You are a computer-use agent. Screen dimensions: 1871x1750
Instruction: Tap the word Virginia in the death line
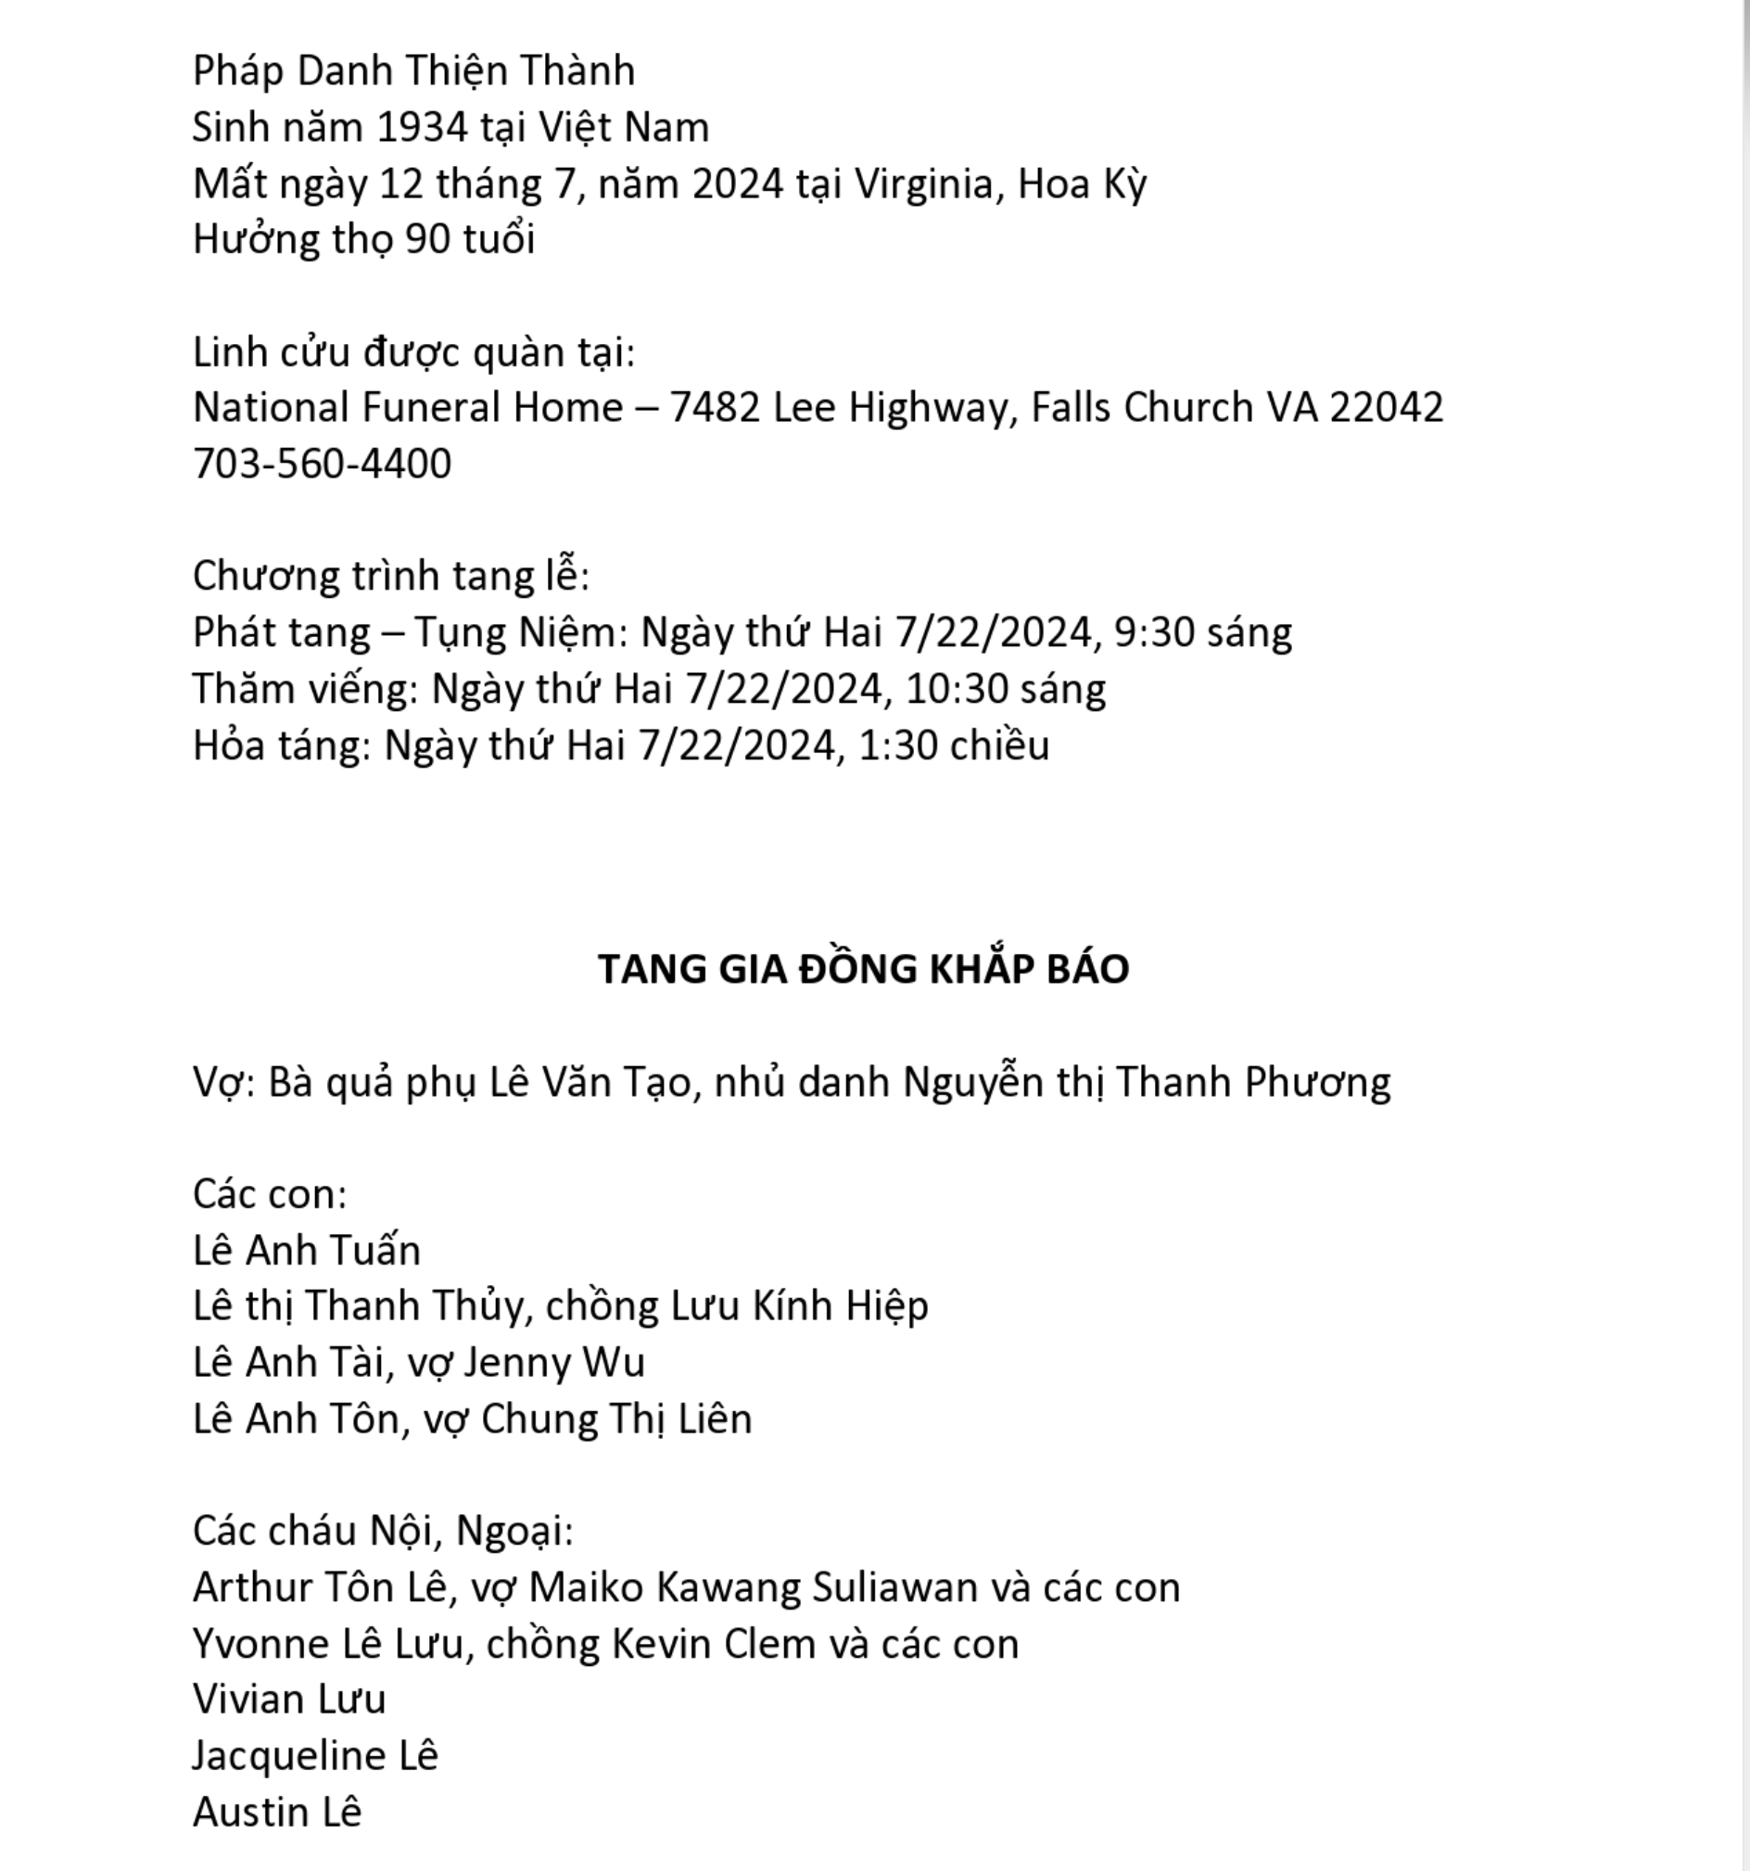click(x=923, y=185)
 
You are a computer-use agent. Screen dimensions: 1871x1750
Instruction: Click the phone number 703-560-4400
click(x=322, y=464)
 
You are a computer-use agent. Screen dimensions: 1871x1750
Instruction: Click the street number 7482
click(x=714, y=409)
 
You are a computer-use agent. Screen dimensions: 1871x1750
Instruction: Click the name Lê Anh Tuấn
click(x=307, y=1251)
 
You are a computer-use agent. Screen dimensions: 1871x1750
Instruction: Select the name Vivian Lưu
click(x=290, y=1699)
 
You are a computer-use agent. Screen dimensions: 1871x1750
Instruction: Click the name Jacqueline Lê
click(x=315, y=1756)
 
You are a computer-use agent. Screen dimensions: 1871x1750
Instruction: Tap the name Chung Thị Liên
click(x=616, y=1419)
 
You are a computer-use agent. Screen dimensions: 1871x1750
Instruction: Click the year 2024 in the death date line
click(x=737, y=185)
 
